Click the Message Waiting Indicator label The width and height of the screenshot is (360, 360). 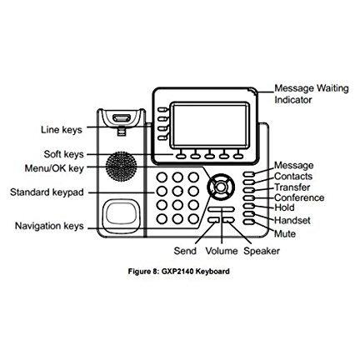tap(311, 94)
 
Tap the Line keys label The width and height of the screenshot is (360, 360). tap(62, 130)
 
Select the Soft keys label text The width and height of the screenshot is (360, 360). tap(63, 154)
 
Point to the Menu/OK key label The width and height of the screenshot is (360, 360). tap(54, 168)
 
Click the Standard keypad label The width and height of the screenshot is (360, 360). tap(47, 192)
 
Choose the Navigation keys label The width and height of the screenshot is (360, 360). tap(49, 226)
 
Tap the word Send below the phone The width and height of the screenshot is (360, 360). tap(185, 251)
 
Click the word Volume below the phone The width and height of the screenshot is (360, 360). tap(222, 251)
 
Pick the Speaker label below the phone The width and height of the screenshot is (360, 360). tap(262, 251)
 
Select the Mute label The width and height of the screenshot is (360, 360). tap(285, 234)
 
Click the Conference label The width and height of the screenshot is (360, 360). tap(299, 197)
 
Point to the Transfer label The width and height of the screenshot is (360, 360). tap(292, 187)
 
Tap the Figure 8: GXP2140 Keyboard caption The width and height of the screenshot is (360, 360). tap(179, 272)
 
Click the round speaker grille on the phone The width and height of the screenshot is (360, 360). tap(121, 167)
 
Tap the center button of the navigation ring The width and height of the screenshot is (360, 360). tap(221, 187)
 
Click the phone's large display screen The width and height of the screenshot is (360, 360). tap(210, 125)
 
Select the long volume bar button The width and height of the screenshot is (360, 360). tap(222, 209)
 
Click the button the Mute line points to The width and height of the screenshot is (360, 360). tap(248, 222)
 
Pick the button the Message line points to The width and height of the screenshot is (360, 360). tap(248, 174)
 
